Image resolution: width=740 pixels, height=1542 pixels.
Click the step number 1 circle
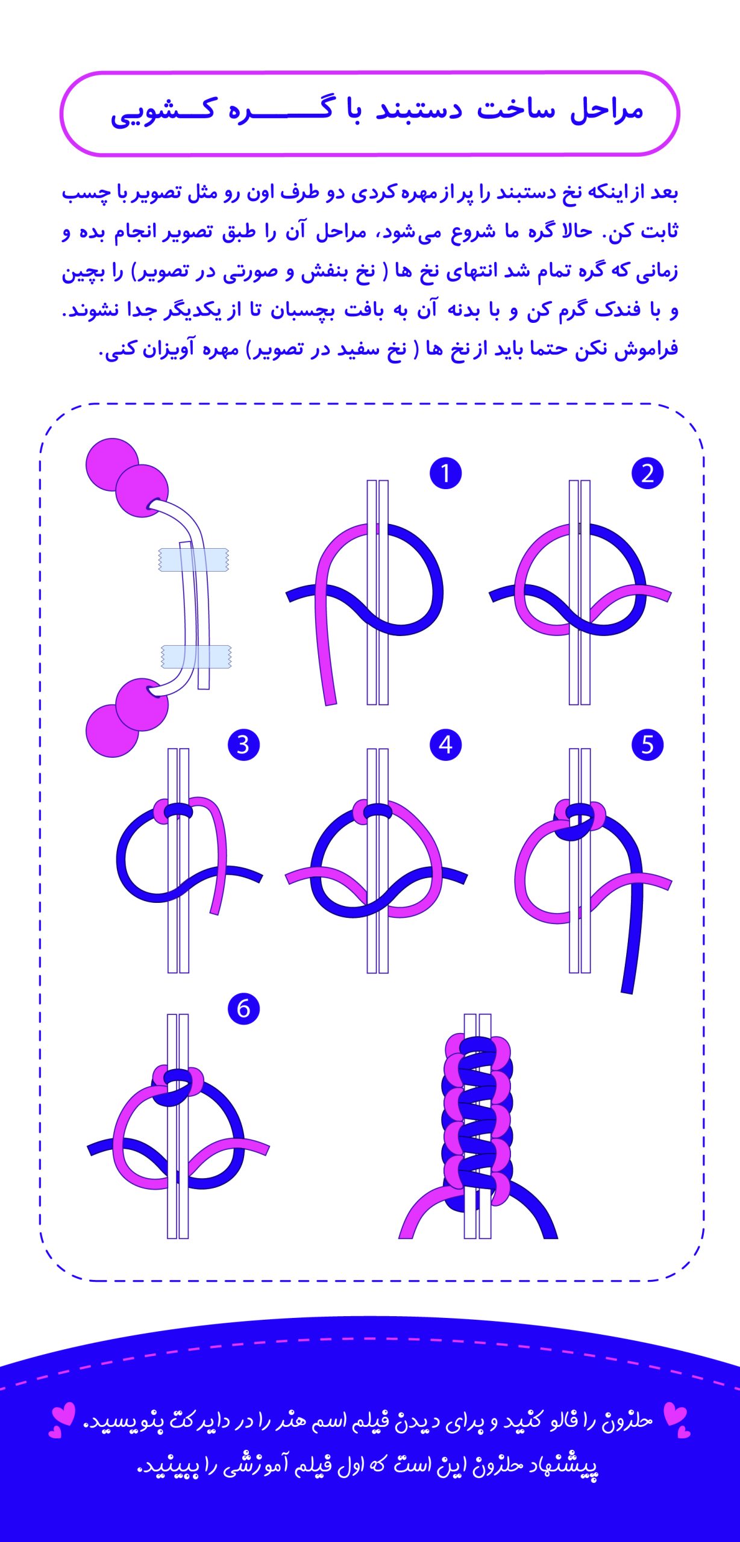[x=445, y=473]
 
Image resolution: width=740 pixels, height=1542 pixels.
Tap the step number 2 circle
[x=647, y=473]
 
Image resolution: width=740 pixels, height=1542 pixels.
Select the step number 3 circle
[x=243, y=745]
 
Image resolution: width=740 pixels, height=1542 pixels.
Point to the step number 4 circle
[x=445, y=745]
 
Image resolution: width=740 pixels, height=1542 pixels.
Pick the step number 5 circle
[x=647, y=745]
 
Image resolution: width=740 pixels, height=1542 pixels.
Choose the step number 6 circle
[x=243, y=1008]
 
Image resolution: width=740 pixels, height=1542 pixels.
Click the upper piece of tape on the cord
[x=193, y=560]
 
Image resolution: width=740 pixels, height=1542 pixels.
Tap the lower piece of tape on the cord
[x=196, y=656]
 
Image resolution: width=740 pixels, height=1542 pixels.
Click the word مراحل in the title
[x=606, y=111]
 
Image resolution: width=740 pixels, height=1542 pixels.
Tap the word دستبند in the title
[x=418, y=111]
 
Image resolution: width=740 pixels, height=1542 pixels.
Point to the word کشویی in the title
[x=162, y=112]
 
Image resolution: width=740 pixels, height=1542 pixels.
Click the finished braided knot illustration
[x=478, y=1126]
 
